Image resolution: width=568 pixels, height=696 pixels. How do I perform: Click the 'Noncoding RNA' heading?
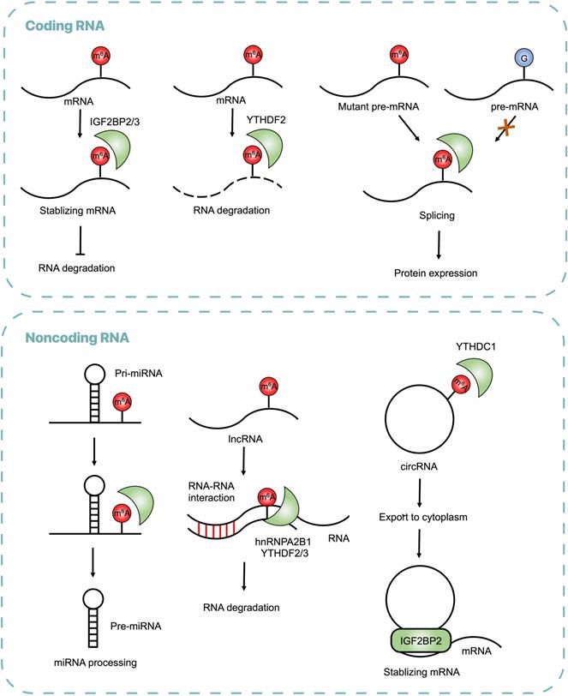77,337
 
